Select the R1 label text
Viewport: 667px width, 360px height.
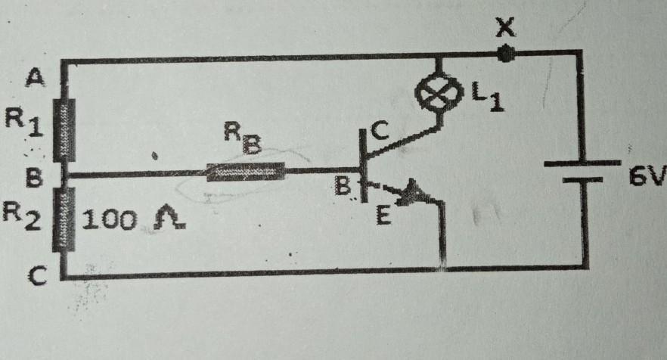tap(24, 123)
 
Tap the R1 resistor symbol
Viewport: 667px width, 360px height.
tap(67, 129)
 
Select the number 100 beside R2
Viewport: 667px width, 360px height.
tap(110, 220)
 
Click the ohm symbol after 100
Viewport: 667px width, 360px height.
tap(163, 220)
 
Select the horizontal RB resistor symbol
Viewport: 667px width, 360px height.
tap(247, 173)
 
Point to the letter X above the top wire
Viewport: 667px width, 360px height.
tap(505, 29)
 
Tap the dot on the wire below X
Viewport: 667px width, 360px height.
tap(505, 54)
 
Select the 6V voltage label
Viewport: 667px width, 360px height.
tap(647, 177)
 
